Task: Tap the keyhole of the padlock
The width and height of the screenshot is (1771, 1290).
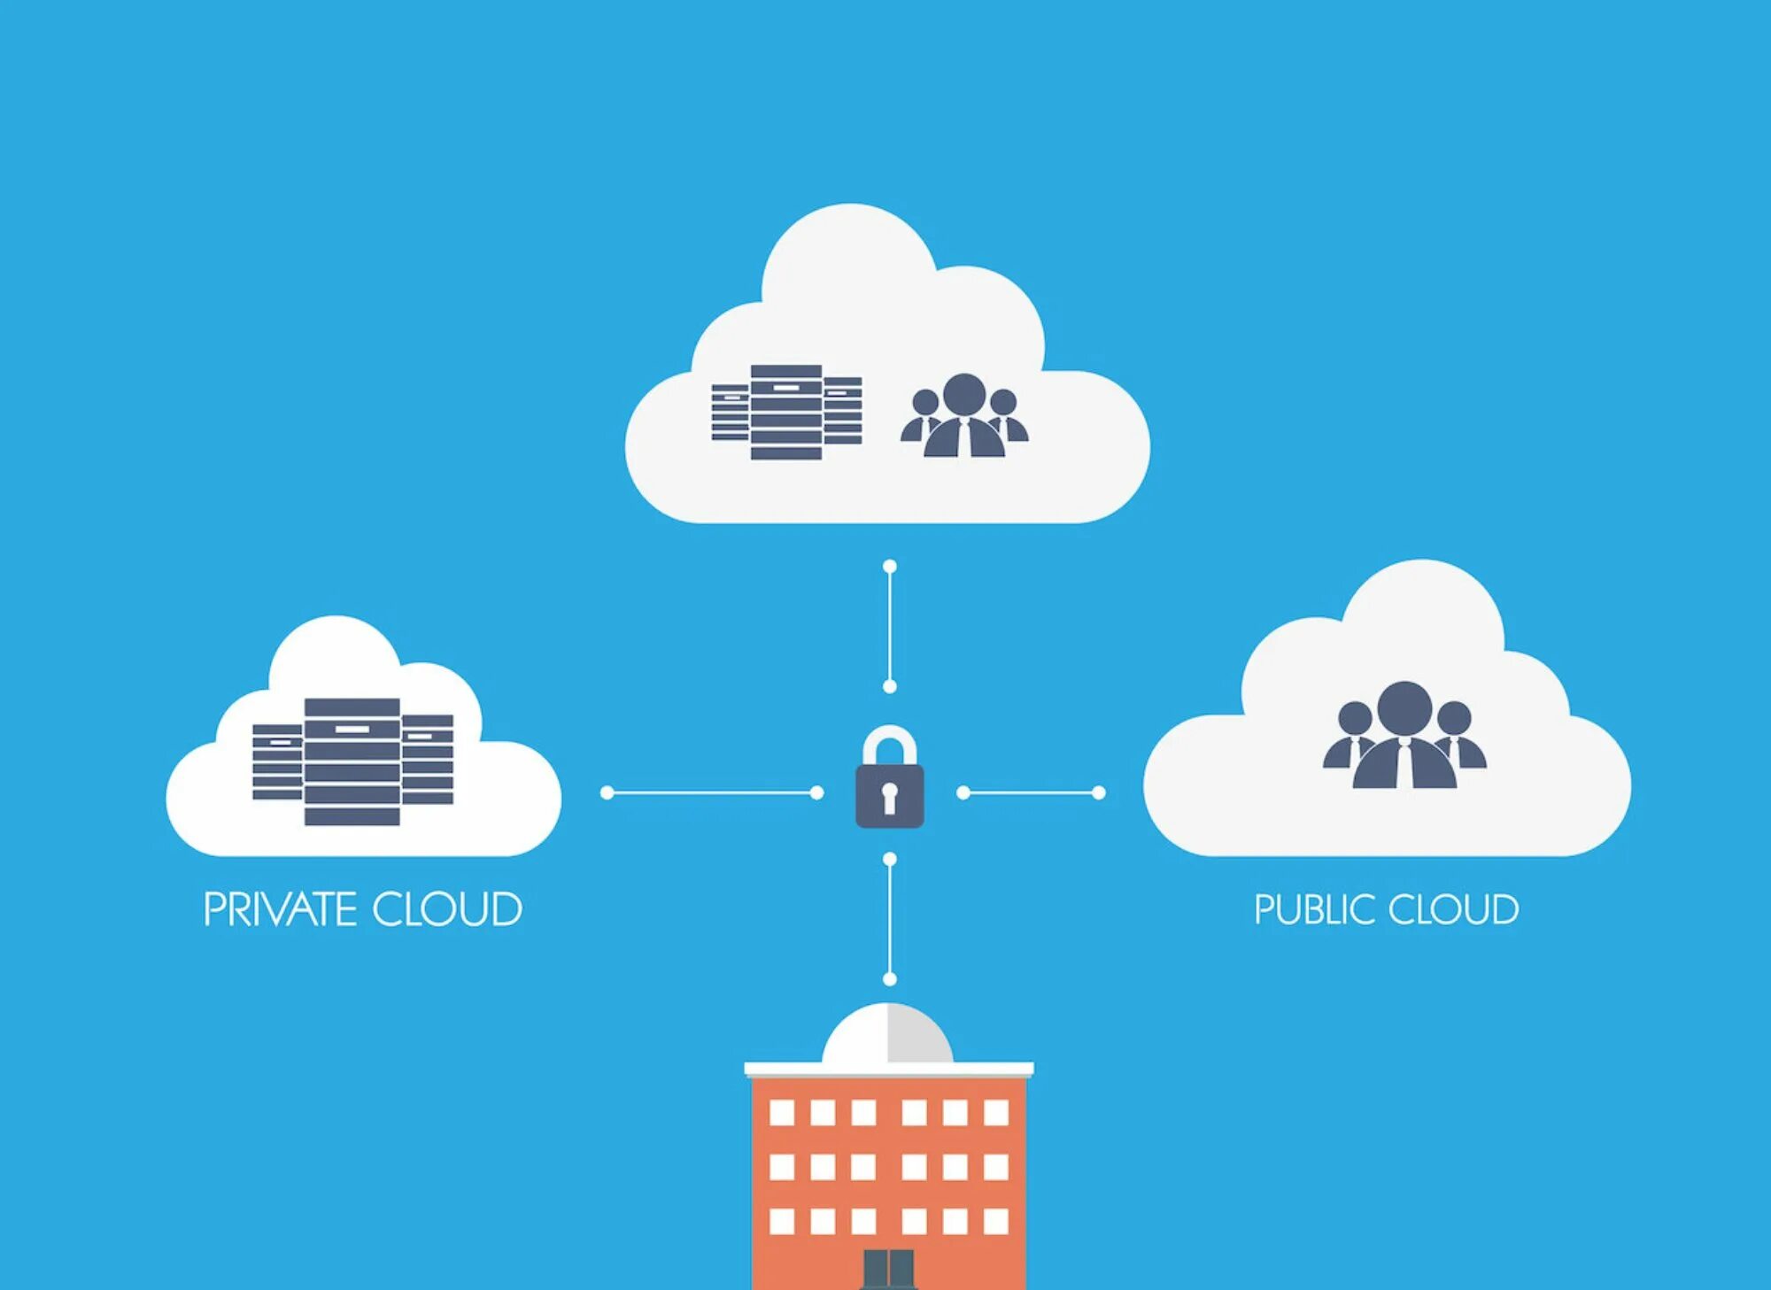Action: (x=890, y=794)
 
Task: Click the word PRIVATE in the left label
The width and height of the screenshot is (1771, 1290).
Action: (x=280, y=909)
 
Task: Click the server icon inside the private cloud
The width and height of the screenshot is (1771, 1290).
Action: (x=352, y=761)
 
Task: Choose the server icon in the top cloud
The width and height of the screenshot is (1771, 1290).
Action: (x=786, y=412)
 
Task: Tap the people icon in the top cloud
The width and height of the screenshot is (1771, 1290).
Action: (x=964, y=416)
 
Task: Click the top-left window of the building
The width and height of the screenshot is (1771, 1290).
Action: (x=782, y=1112)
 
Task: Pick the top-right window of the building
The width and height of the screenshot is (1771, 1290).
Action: (x=996, y=1112)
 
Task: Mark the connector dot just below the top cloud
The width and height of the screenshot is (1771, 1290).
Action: (x=890, y=567)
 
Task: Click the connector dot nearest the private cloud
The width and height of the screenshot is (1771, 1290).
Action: (x=607, y=792)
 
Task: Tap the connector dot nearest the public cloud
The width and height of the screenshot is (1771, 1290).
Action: (x=1099, y=792)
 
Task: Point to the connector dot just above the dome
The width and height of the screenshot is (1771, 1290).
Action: (x=890, y=978)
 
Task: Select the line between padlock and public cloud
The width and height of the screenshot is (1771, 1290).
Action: (x=1032, y=792)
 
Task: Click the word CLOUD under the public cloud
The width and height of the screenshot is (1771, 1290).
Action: (x=1453, y=910)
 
